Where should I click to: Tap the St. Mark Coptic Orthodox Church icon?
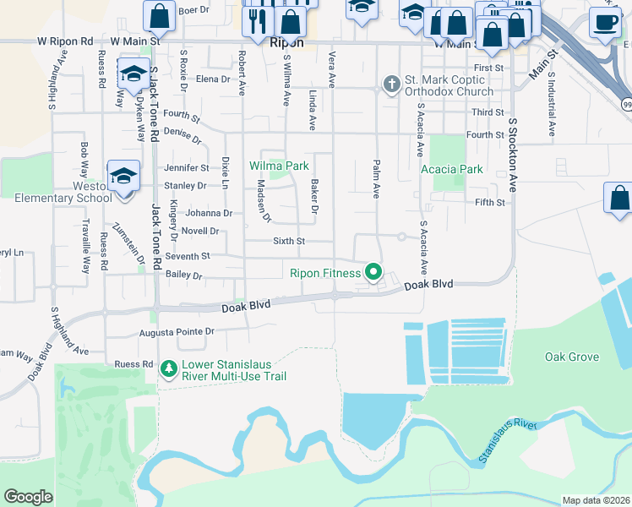(390, 84)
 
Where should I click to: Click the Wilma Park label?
(278, 166)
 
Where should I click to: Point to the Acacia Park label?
(452, 169)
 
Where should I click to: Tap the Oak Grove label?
(572, 357)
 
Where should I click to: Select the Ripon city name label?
(286, 41)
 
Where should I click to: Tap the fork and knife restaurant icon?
(258, 20)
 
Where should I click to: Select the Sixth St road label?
(288, 241)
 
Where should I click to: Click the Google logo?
(28, 497)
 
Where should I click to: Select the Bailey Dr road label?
(185, 275)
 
